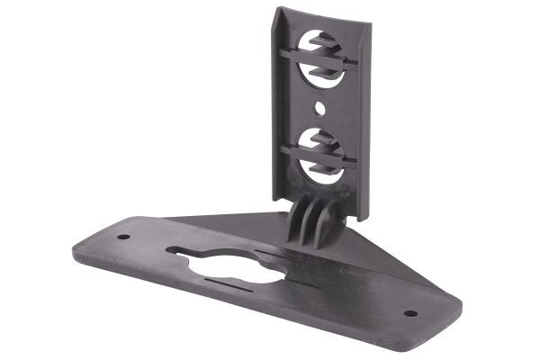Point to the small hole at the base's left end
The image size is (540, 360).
coord(123,238)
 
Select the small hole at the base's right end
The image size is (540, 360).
coord(410,314)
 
